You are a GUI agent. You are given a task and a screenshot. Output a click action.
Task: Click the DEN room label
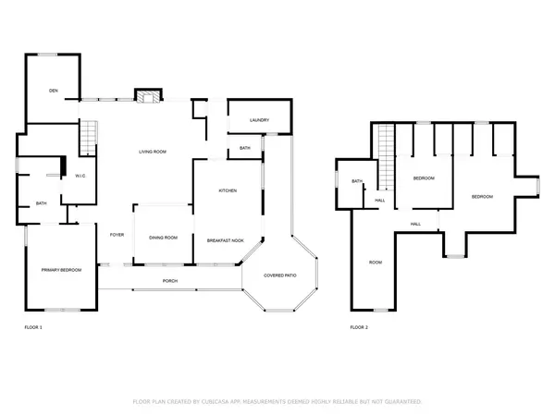(x=55, y=90)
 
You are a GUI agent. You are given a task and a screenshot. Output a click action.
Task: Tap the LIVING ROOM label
(x=153, y=151)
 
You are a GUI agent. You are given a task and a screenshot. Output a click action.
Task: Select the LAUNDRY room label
(x=259, y=120)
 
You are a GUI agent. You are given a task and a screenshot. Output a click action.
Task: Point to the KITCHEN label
(x=228, y=190)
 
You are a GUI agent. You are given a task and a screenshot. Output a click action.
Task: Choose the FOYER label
(x=117, y=235)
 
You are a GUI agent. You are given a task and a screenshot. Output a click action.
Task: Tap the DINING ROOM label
(x=163, y=239)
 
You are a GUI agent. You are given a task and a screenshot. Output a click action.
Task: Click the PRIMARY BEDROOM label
(x=61, y=269)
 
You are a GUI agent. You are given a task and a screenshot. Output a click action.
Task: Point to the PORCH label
(x=170, y=281)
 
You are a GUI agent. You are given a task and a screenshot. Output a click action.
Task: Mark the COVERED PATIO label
(x=280, y=275)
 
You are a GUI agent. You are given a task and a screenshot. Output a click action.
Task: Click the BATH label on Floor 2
(x=356, y=181)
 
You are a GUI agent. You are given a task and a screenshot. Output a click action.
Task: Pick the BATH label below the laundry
(x=245, y=148)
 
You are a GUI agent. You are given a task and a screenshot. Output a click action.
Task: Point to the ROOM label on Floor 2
(x=376, y=263)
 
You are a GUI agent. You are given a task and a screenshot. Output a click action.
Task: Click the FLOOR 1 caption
(x=33, y=327)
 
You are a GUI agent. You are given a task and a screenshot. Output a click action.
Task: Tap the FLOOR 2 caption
(x=359, y=327)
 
